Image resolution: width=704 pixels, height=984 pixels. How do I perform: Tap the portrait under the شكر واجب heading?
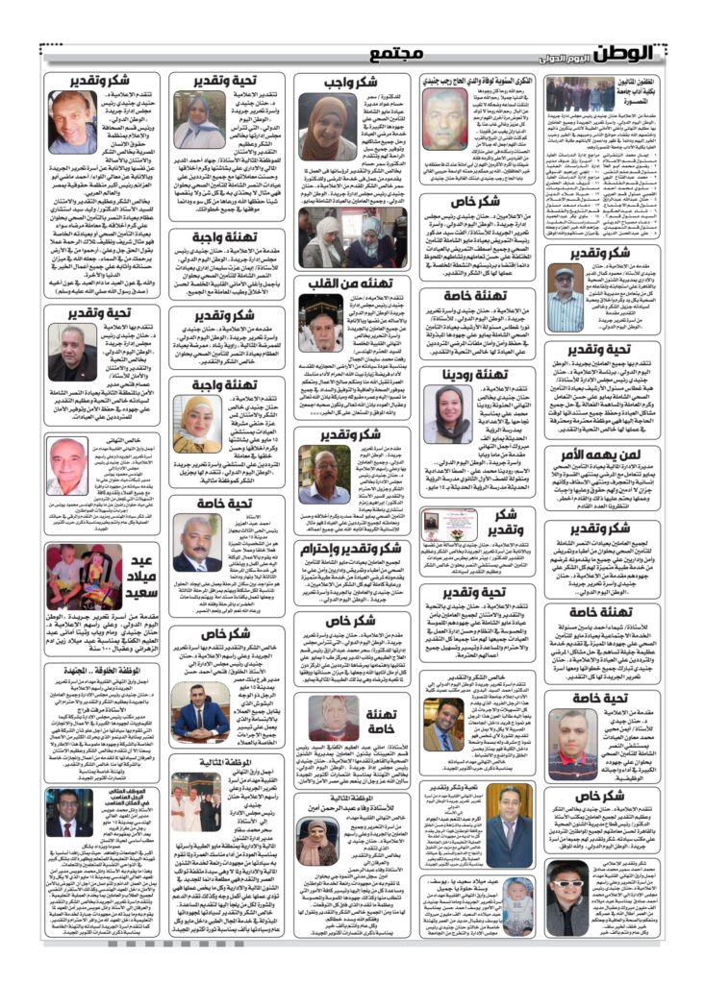click(x=326, y=129)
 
